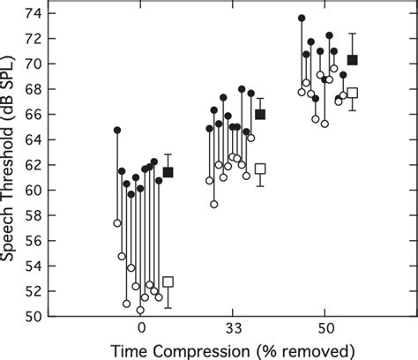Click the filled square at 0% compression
tap(168, 172)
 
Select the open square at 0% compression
tap(168, 282)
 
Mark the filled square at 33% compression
tap(260, 114)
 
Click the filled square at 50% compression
tap(353, 60)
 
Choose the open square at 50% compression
tap(353, 93)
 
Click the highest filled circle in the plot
tap(302, 18)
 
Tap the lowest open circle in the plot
tap(140, 310)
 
